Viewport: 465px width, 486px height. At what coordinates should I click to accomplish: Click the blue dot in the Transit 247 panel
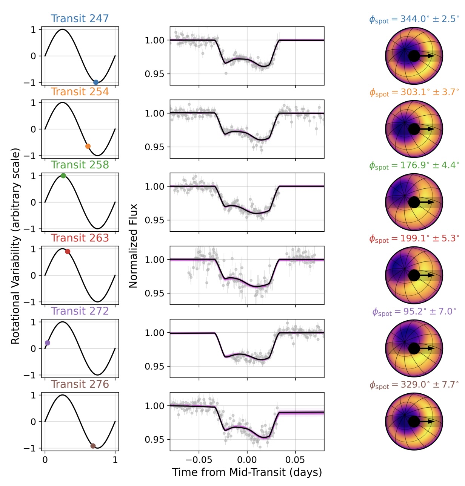(x=96, y=83)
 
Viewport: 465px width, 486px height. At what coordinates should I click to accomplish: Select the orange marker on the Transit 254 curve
(x=88, y=146)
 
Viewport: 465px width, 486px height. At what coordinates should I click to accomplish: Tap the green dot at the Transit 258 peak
(x=63, y=176)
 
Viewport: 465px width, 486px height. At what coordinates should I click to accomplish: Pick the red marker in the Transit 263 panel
(x=68, y=252)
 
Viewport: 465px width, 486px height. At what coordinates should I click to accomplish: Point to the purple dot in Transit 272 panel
(x=47, y=343)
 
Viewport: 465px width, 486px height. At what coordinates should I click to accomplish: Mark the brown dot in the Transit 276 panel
(x=93, y=446)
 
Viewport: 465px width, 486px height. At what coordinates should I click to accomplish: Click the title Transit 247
(x=80, y=18)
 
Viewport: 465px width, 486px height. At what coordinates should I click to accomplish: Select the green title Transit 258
(x=80, y=165)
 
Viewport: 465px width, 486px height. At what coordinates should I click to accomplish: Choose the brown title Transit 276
(x=80, y=384)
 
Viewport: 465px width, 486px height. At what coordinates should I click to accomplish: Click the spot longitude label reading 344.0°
(x=414, y=19)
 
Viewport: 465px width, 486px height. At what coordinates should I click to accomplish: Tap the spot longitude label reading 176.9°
(x=414, y=165)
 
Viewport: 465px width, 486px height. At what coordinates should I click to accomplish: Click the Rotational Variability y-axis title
(x=15, y=246)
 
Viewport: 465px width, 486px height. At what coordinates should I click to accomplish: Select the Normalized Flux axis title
(x=133, y=246)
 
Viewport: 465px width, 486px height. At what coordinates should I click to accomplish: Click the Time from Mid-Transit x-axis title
(x=247, y=472)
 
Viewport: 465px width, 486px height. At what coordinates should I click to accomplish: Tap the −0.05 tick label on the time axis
(x=199, y=460)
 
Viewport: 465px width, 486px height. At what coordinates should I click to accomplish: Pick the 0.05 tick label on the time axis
(x=295, y=460)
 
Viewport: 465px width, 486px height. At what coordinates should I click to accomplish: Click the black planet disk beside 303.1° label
(x=414, y=129)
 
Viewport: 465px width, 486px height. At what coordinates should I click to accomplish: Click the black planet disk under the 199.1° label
(x=414, y=275)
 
